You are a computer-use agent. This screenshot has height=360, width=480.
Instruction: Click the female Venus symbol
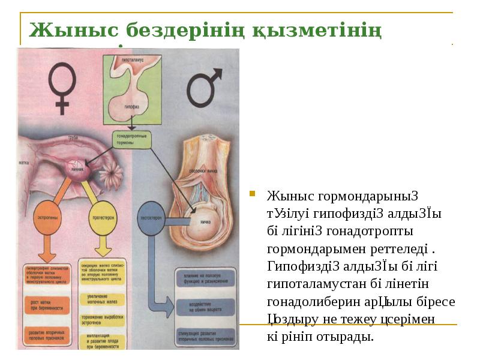[62, 87]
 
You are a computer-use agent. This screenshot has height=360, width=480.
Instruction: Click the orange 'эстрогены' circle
[47, 215]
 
